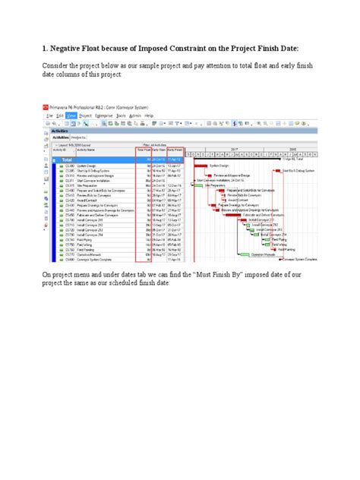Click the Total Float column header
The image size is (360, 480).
[143, 150]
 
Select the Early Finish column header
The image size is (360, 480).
[175, 150]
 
